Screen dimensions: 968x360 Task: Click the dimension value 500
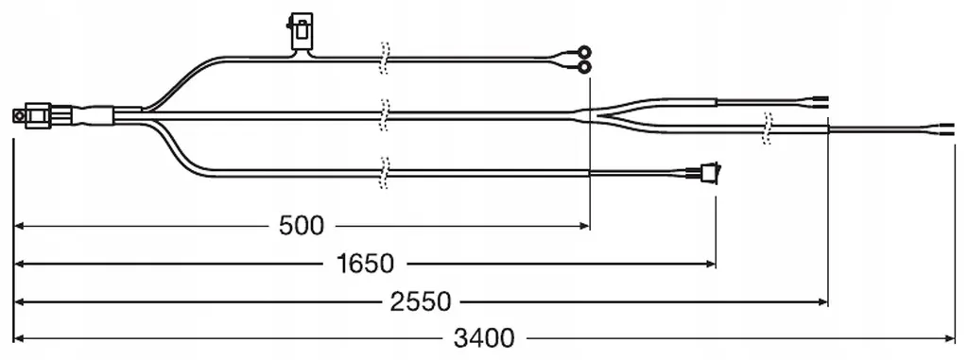pyautogui.click(x=301, y=227)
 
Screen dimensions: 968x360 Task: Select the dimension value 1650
pyautogui.click(x=366, y=265)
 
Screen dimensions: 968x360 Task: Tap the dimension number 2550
pyautogui.click(x=421, y=302)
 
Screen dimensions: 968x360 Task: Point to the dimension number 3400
pyautogui.click(x=483, y=338)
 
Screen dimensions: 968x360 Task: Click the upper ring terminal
pyautogui.click(x=583, y=52)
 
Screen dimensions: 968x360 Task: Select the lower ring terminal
pyautogui.click(x=583, y=65)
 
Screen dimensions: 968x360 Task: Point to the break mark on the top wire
pyautogui.click(x=385, y=58)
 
